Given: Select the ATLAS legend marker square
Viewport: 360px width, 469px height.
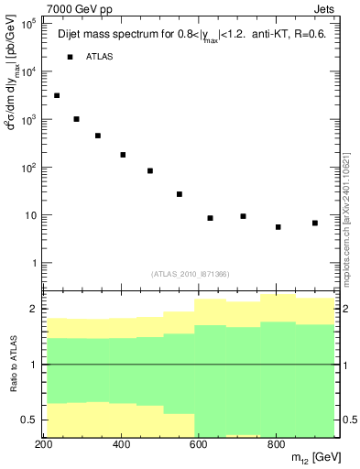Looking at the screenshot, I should pyautogui.click(x=70, y=57).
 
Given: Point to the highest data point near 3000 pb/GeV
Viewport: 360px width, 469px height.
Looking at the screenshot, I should pyautogui.click(x=57, y=95).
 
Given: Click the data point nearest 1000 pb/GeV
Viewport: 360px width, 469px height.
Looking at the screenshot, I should pyautogui.click(x=76, y=119).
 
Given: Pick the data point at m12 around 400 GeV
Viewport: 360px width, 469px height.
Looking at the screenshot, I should pyautogui.click(x=123, y=155).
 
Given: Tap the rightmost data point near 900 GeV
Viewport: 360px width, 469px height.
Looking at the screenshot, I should pyautogui.click(x=314, y=223).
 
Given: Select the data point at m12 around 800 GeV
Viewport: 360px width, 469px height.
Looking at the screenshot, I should pyautogui.click(x=278, y=227).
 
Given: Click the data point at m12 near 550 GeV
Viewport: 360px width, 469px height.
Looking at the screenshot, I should pyautogui.click(x=180, y=194).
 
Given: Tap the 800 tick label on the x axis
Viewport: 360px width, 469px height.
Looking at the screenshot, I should pyautogui.click(x=276, y=444).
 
